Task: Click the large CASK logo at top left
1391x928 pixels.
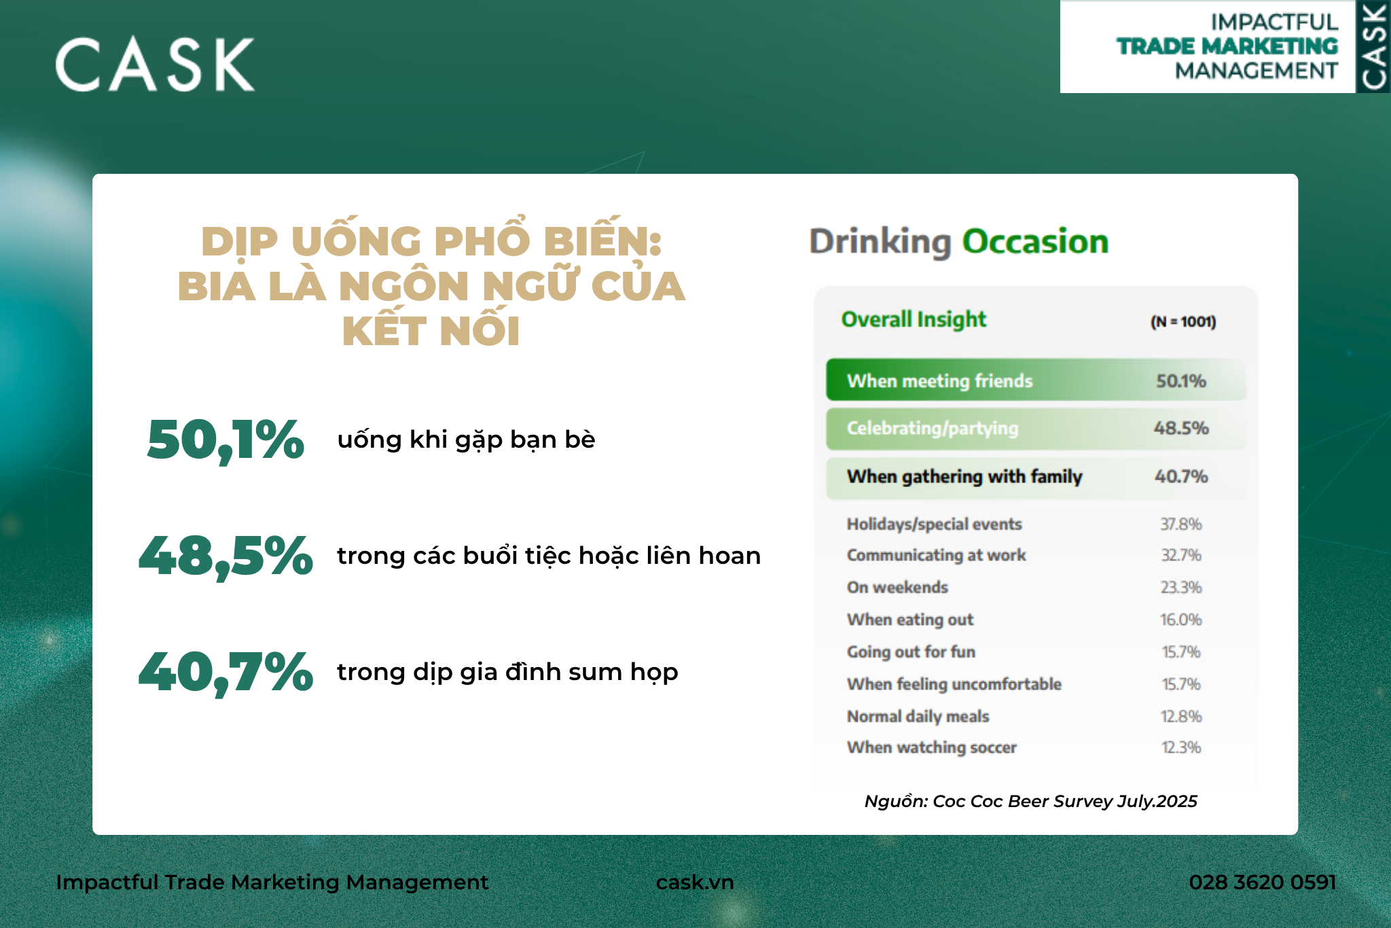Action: pos(155,65)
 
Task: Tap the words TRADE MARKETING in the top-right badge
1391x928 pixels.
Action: pos(1227,46)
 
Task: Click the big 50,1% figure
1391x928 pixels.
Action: pos(225,440)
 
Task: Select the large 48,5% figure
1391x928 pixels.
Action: pos(225,556)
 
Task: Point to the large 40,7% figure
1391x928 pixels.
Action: pos(225,673)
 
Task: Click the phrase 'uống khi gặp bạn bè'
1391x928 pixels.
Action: pos(466,440)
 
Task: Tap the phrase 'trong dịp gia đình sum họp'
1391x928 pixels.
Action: pos(507,673)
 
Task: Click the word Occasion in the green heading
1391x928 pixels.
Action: pos(1035,242)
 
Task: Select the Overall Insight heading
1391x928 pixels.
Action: pos(914,319)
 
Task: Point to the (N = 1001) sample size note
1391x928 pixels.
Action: pos(1183,322)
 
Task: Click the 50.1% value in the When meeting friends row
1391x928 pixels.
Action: pos(1181,381)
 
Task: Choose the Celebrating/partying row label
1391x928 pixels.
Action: pos(933,428)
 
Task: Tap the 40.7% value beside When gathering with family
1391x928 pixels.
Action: pos(1181,476)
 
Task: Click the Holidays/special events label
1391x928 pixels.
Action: pos(934,524)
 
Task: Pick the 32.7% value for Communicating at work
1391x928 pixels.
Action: pos(1181,556)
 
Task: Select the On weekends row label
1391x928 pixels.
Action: pos(897,588)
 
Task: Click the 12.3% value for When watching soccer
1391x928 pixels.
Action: pos(1181,747)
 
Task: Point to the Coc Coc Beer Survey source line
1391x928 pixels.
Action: pos(1030,802)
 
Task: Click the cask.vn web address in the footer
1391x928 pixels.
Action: pos(695,882)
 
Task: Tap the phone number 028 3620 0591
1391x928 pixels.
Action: pos(1262,882)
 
